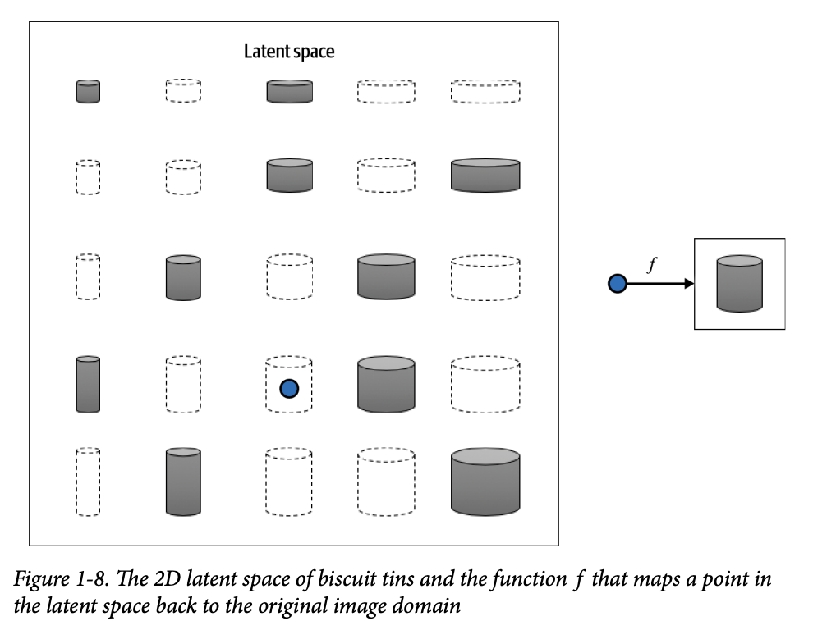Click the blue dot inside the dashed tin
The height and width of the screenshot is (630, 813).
point(289,388)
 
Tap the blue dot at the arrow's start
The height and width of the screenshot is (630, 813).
point(617,284)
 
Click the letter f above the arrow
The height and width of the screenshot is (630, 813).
point(652,266)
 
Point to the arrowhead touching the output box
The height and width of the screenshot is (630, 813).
point(689,284)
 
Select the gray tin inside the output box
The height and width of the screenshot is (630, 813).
point(739,284)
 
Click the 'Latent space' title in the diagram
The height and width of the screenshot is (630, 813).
point(289,52)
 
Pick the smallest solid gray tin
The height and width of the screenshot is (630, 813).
point(88,91)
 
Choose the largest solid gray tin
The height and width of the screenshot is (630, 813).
point(485,482)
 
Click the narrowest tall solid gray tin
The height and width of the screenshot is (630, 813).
point(88,384)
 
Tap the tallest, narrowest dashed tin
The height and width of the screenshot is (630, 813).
point(88,482)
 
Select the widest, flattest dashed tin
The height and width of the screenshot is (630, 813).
point(485,91)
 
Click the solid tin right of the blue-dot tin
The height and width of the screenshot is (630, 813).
point(386,384)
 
